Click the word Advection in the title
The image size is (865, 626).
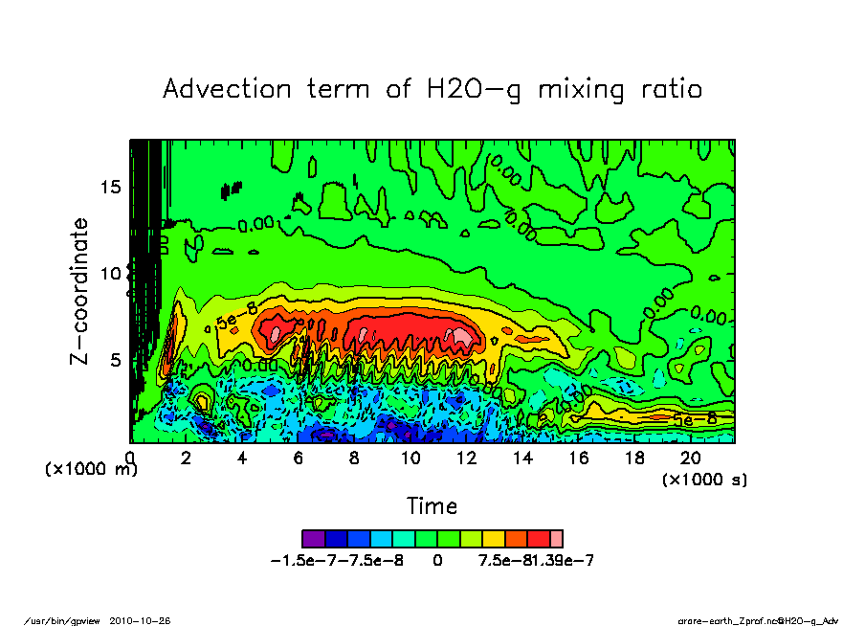(x=228, y=89)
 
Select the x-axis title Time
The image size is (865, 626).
(x=432, y=505)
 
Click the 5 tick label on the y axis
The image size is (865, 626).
(x=116, y=360)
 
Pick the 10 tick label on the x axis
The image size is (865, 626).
(x=410, y=458)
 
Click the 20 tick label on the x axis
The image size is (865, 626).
(x=690, y=458)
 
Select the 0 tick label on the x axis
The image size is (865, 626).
(x=131, y=458)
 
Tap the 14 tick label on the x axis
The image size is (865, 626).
(x=522, y=458)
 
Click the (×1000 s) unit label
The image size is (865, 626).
(x=704, y=479)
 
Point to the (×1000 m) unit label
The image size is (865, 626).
(x=92, y=470)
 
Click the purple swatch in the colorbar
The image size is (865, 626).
(x=312, y=539)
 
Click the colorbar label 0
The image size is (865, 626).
(x=437, y=560)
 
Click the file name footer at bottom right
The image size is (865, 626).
(x=758, y=620)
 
